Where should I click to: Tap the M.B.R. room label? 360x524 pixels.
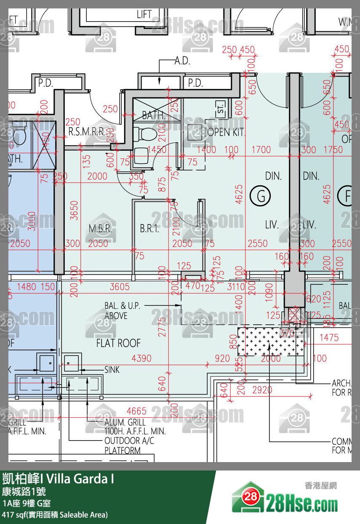[x=100, y=229]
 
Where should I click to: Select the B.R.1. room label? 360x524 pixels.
[x=150, y=229]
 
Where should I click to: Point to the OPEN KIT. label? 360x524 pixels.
[x=226, y=132]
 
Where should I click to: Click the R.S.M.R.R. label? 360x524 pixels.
[x=87, y=132]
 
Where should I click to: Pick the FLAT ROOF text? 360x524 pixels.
[x=118, y=343]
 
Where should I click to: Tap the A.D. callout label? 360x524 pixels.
[x=182, y=61]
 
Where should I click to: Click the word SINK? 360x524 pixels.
[x=112, y=370]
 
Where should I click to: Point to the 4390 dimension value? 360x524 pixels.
[x=141, y=358]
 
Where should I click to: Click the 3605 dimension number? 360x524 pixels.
[x=120, y=287]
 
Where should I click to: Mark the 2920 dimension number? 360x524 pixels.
[x=262, y=390]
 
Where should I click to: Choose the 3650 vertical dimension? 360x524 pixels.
[x=75, y=210]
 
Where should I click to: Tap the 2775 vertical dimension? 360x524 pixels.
[x=163, y=326]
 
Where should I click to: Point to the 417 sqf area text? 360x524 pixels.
[x=55, y=514]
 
